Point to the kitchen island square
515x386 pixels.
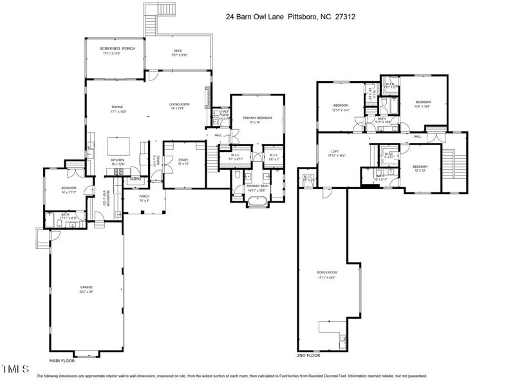point(117,145)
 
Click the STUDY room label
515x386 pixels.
point(183,160)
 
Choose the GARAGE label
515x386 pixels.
point(86,287)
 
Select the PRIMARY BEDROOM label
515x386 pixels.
point(257,118)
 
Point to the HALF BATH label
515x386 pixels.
point(225,112)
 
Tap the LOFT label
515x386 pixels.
point(334,152)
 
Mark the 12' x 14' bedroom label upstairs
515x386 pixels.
point(420,167)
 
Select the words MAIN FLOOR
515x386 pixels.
point(63,362)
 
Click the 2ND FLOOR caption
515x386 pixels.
point(309,356)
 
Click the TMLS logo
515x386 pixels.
point(15,369)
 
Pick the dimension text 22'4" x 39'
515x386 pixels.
point(86,291)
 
